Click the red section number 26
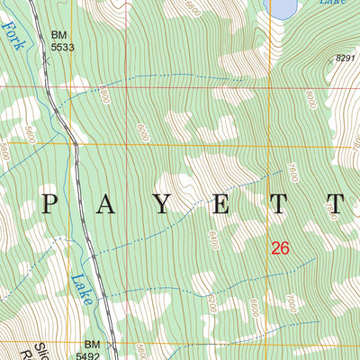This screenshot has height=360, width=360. [280, 247]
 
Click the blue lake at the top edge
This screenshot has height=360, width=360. [283, 8]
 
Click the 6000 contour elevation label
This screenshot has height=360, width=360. [142, 131]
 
